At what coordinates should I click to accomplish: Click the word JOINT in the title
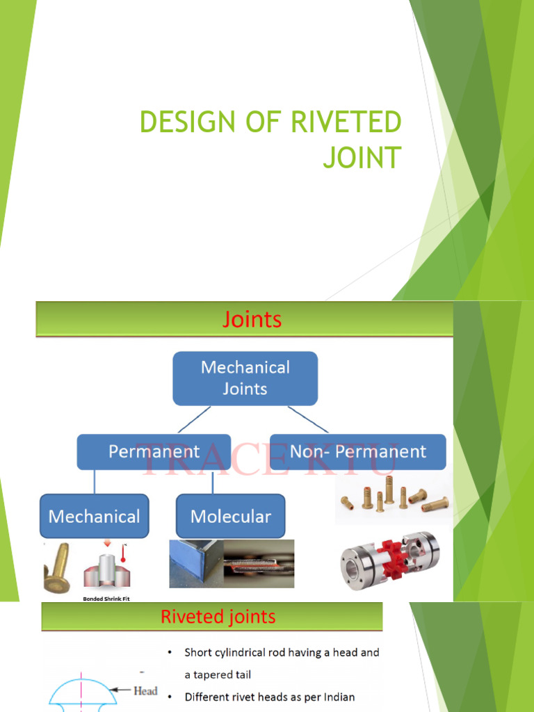(x=362, y=157)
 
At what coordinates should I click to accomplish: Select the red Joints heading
(x=252, y=319)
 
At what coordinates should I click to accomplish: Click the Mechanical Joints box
(x=245, y=378)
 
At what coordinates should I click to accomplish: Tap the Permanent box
(x=154, y=452)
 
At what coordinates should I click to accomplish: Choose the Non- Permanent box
(x=357, y=452)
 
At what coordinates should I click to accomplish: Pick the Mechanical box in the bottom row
(x=94, y=517)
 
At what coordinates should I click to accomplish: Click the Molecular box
(x=230, y=517)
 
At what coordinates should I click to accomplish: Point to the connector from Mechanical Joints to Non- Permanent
(x=308, y=420)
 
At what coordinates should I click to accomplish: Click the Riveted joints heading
(x=218, y=617)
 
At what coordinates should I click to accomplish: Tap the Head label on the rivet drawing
(x=145, y=691)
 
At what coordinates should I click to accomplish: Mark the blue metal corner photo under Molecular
(x=195, y=564)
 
